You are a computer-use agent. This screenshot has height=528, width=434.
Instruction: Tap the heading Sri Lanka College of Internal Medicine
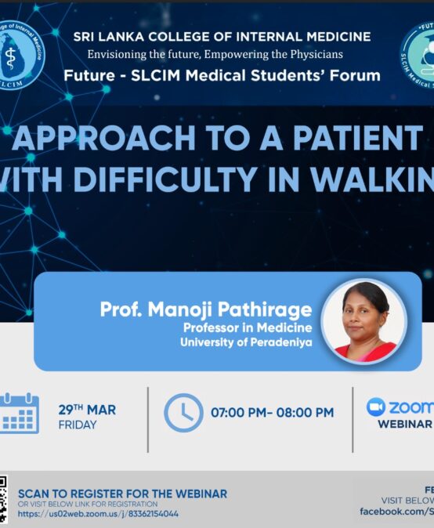point(222,37)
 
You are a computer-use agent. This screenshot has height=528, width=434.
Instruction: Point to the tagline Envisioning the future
point(215,55)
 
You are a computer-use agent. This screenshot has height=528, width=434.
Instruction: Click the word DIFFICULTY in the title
point(157,179)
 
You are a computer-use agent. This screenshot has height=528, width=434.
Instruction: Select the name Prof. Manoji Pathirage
point(205,309)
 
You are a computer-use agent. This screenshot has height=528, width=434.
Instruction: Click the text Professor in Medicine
point(247,327)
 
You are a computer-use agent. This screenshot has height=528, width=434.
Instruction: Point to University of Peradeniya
point(246,342)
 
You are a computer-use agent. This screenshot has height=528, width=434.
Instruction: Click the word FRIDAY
point(78,425)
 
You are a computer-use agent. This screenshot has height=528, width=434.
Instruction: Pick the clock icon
point(183,413)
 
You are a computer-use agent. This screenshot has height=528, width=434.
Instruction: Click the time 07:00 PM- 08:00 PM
point(272,413)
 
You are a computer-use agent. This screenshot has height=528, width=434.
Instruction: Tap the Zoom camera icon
point(377,407)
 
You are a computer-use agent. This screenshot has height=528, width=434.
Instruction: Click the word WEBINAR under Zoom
point(405,424)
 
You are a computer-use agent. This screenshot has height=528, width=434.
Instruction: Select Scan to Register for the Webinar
point(122,494)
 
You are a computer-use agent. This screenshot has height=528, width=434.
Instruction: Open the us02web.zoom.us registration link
point(98,514)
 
